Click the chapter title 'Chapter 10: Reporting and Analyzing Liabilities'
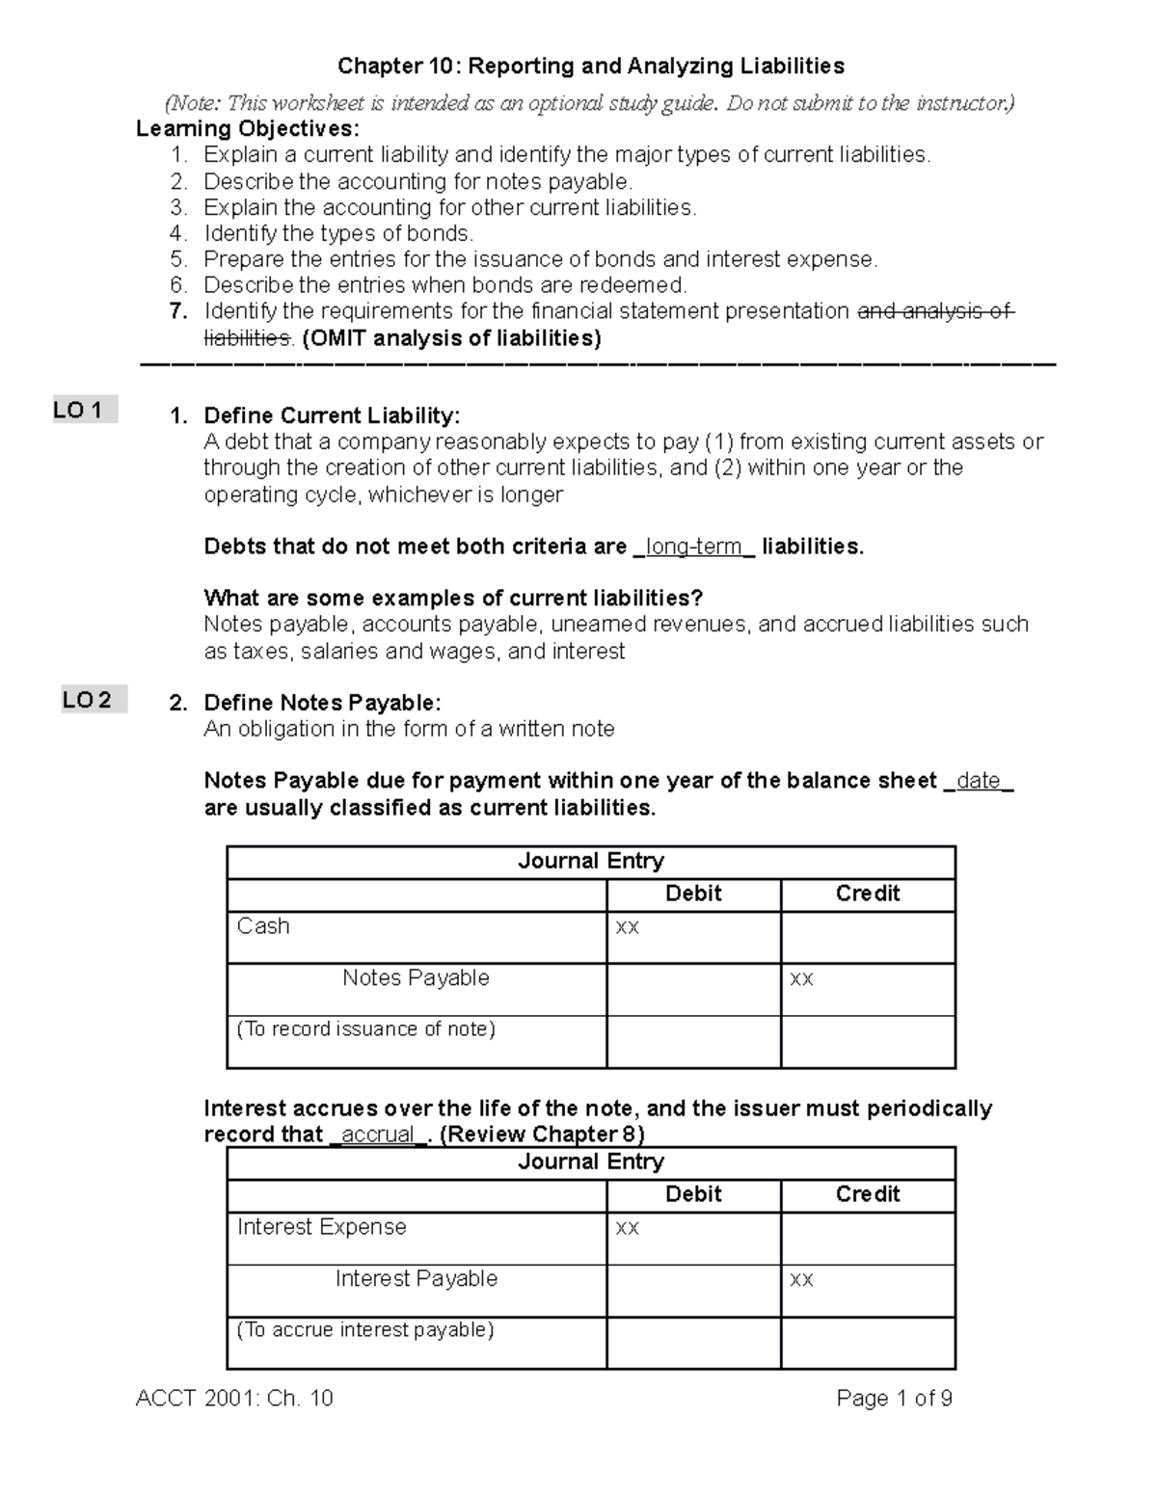pos(590,66)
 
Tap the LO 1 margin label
pos(85,411)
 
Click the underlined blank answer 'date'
pos(979,781)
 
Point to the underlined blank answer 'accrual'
pos(378,1135)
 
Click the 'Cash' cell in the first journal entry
pos(263,926)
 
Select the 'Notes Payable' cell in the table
pos(416,978)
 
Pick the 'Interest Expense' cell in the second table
pos(321,1227)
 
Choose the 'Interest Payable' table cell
pos(417,1279)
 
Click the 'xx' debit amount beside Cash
pos(628,927)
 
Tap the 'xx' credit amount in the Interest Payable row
pos(801,1280)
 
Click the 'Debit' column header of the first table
pos(693,894)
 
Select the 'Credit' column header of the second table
pos(867,1194)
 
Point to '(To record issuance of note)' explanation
pos(366,1029)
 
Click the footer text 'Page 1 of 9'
pos(895,1399)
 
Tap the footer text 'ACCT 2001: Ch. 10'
pos(234,1399)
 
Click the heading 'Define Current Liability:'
pos(332,415)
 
